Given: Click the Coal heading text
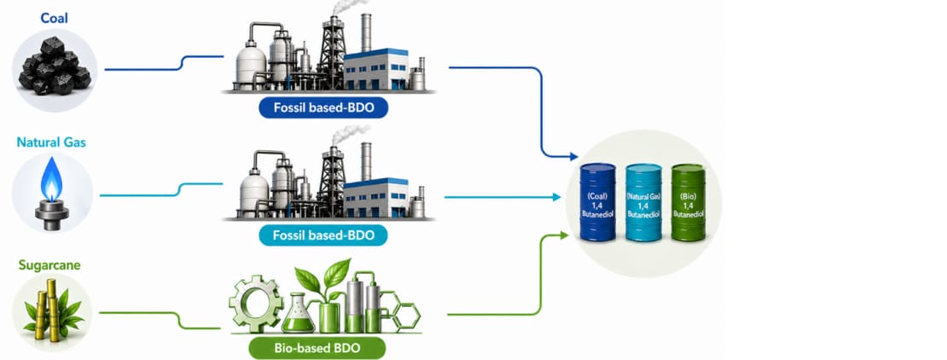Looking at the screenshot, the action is point(55,18).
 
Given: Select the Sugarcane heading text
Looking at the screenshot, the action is point(49,265).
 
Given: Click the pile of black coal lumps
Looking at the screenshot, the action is point(55,65).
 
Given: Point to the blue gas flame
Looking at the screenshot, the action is point(51,179).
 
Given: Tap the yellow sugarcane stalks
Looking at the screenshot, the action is point(49,311).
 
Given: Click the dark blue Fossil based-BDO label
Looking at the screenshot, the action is point(323,108).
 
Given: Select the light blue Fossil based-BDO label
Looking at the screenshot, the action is point(323,235).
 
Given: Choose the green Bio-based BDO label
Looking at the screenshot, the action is point(317,349).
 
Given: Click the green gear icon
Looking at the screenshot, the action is point(256,303).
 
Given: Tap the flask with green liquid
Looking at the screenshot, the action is point(299,313).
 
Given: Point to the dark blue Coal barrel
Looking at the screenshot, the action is point(597,202).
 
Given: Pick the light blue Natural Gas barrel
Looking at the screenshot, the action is point(644,202).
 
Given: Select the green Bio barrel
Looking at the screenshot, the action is point(688,202).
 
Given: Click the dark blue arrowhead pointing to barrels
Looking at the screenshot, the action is point(572,157).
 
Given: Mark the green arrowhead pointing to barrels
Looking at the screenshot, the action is point(564,235).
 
